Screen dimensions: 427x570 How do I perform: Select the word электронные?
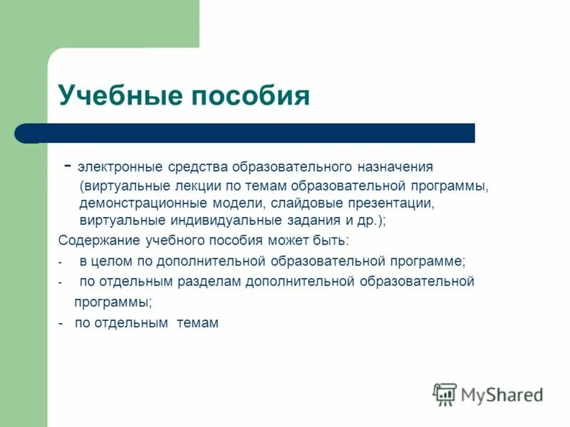[118, 167]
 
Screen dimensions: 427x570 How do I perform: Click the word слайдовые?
[305, 204]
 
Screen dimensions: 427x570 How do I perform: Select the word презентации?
[388, 204]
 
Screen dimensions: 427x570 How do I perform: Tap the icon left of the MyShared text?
[445, 394]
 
